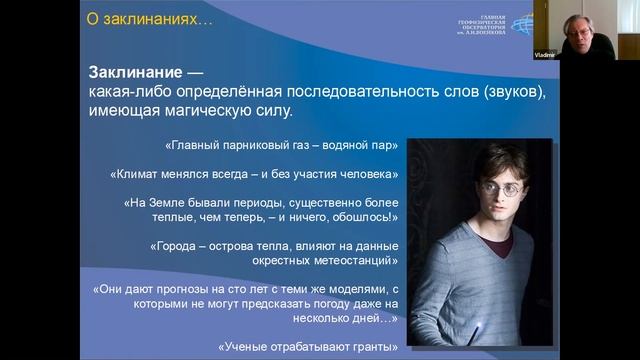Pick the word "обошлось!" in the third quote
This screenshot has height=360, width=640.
[x=369, y=217]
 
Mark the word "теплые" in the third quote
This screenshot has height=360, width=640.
[x=197, y=217]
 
